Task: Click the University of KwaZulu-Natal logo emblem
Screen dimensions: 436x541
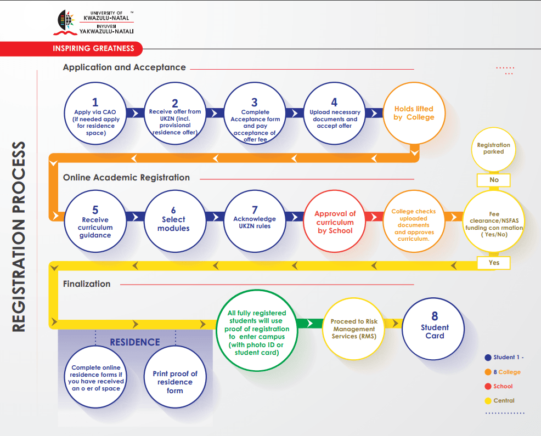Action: click(67, 21)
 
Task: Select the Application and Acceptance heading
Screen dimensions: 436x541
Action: click(124, 67)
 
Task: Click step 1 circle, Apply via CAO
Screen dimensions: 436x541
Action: click(95, 114)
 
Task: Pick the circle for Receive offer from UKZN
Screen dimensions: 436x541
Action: click(175, 114)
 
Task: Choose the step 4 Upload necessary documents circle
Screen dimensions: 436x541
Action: click(334, 114)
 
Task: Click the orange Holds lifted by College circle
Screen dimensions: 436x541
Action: click(414, 114)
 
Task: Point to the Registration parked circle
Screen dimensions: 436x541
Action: click(493, 149)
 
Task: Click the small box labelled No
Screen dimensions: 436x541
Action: click(494, 180)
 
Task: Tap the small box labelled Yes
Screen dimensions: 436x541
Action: click(494, 263)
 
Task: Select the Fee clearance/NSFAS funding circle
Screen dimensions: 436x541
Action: click(494, 222)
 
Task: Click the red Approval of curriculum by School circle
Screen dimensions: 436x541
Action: click(335, 222)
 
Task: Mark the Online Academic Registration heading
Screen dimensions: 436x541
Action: click(126, 178)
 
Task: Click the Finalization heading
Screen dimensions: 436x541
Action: click(87, 284)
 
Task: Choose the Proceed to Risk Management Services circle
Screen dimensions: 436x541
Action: click(354, 329)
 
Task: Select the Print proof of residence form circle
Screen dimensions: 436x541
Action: click(174, 382)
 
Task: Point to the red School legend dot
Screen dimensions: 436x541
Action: click(487, 386)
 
